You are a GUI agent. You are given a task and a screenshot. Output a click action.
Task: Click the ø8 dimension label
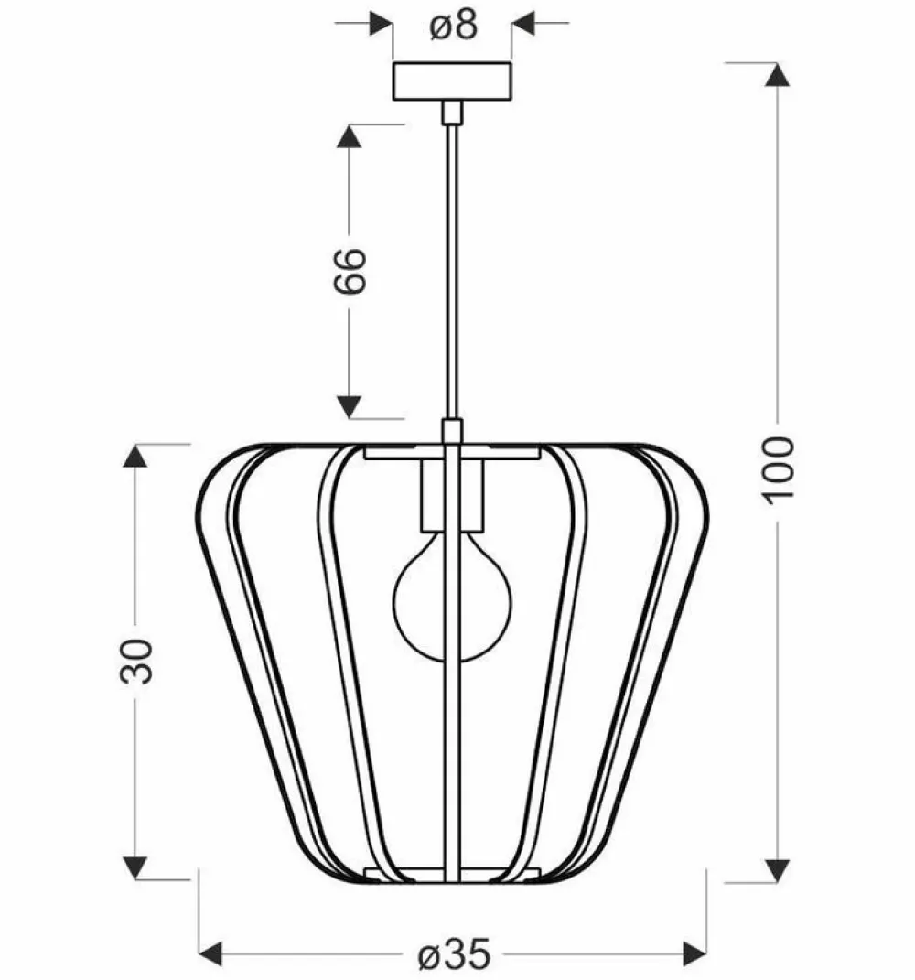(x=453, y=26)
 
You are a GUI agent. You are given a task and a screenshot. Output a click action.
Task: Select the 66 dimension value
(x=349, y=269)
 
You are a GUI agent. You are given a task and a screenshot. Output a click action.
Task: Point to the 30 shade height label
(x=135, y=661)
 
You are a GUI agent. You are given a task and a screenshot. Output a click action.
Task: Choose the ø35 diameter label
(x=453, y=955)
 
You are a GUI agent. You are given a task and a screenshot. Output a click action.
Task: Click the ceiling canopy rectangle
(x=452, y=81)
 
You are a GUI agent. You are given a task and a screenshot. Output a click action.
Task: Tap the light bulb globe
(x=451, y=604)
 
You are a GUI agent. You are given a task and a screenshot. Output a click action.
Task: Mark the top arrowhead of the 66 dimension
(x=349, y=136)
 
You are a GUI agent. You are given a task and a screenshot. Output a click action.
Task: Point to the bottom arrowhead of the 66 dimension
(x=349, y=406)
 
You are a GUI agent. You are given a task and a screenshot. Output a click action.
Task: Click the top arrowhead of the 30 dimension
(x=135, y=456)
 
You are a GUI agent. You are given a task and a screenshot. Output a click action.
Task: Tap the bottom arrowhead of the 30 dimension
(x=135, y=867)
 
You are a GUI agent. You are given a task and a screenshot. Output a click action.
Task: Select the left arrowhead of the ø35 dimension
(x=211, y=955)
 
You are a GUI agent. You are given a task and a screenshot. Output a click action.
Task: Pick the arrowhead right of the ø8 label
(x=523, y=23)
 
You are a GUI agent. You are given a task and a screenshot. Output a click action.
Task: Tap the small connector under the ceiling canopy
(x=452, y=113)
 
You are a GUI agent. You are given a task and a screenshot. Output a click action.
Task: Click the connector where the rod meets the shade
(x=452, y=431)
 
